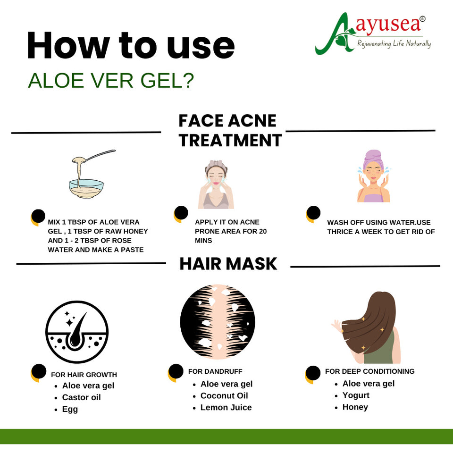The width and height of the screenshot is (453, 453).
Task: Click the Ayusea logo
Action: (x=372, y=34)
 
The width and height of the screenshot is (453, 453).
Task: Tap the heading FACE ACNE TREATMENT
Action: (x=230, y=131)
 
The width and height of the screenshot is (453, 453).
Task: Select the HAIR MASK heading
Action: (x=228, y=264)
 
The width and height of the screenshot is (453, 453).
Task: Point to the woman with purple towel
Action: (x=374, y=176)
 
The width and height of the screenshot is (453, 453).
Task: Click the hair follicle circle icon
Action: (x=77, y=332)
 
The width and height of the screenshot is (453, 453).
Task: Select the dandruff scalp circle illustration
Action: (x=218, y=321)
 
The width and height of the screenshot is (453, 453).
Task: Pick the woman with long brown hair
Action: (x=368, y=327)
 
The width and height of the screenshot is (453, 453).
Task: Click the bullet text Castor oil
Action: (x=81, y=397)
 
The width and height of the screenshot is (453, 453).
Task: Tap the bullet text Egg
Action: (x=70, y=410)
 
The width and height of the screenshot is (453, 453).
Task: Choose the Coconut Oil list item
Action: (x=224, y=395)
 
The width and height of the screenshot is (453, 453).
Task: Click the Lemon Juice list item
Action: (x=226, y=407)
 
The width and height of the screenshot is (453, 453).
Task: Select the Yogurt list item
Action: (x=356, y=395)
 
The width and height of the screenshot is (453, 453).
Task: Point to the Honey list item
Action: (x=355, y=407)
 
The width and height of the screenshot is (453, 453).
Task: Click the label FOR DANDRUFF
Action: (x=215, y=371)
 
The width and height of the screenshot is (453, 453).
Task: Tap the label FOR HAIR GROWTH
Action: (x=84, y=375)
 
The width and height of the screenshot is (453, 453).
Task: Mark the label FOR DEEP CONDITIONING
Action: (x=370, y=371)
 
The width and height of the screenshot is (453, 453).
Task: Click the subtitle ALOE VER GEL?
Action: (x=111, y=80)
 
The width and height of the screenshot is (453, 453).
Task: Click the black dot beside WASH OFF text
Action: (x=314, y=213)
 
